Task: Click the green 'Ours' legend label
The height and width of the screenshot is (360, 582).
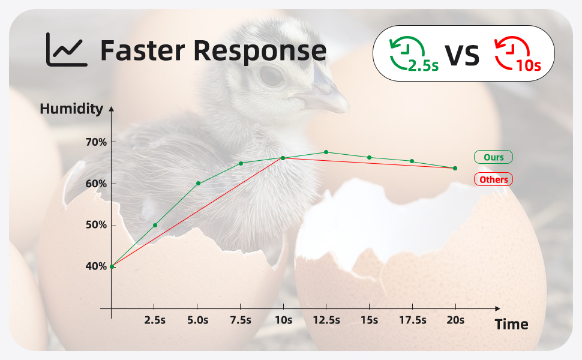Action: (493, 157)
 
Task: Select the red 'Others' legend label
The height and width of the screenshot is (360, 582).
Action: (493, 179)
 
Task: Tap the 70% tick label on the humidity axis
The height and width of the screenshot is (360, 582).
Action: (96, 142)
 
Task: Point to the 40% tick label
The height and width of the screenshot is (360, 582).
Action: (96, 266)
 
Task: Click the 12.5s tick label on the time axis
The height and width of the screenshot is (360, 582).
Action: (326, 320)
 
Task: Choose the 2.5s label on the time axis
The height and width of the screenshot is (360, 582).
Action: (155, 320)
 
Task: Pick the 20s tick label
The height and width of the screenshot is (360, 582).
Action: (455, 320)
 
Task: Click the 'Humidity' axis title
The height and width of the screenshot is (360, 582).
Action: (71, 109)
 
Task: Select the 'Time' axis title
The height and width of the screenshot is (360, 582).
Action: (511, 325)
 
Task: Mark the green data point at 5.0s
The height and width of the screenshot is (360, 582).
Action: (198, 183)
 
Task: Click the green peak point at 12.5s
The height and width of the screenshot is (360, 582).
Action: (326, 152)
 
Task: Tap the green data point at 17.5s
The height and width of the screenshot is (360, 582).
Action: (412, 161)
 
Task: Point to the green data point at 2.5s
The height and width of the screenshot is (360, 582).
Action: (155, 225)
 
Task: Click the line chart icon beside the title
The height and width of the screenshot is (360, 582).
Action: (67, 50)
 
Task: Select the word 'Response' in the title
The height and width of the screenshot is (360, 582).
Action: (259, 51)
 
